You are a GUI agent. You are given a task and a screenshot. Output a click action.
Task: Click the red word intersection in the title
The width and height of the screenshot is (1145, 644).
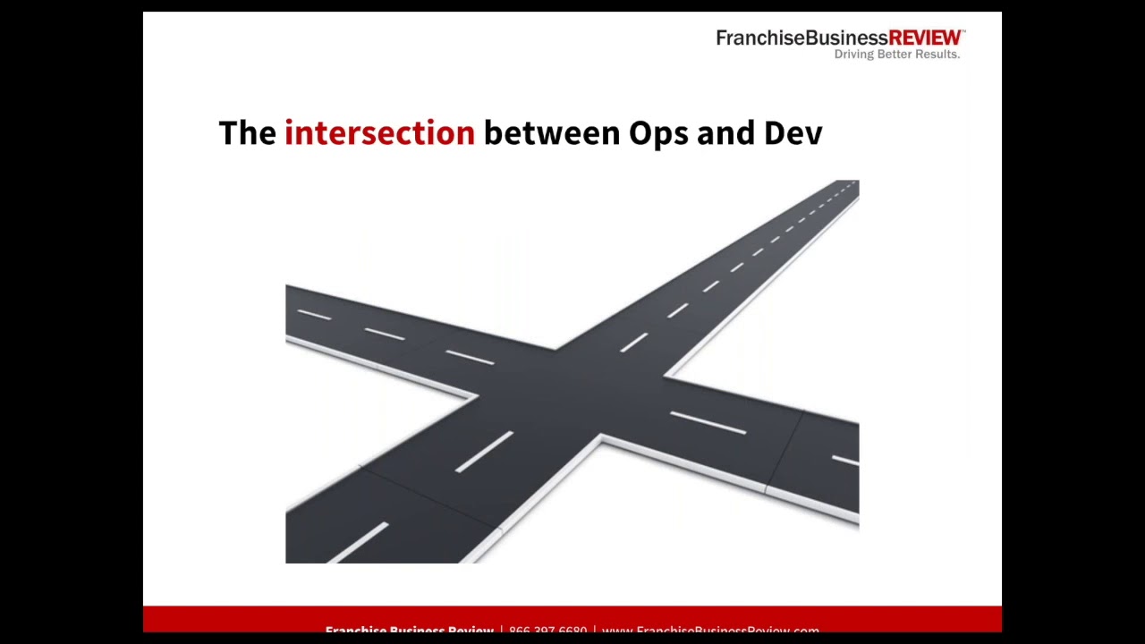click(x=379, y=133)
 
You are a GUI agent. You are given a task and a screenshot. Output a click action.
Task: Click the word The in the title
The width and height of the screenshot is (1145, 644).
click(x=247, y=133)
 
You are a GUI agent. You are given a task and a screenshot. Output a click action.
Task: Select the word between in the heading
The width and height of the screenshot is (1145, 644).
click(x=551, y=133)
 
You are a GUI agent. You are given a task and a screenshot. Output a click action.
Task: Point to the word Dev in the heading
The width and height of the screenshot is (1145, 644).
click(x=793, y=133)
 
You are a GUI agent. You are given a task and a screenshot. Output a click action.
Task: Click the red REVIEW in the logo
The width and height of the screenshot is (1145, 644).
click(x=925, y=38)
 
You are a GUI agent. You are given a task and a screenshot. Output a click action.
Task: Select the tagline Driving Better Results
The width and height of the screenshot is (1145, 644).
click(x=896, y=55)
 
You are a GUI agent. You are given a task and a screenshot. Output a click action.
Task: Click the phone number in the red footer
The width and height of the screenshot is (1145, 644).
click(x=547, y=630)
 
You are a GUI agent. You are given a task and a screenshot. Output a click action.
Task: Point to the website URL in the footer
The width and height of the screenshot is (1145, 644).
click(x=710, y=630)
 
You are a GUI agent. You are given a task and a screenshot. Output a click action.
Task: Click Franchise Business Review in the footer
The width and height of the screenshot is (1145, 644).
click(x=409, y=630)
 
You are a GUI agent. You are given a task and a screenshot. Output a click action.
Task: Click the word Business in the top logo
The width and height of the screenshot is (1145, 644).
click(x=846, y=38)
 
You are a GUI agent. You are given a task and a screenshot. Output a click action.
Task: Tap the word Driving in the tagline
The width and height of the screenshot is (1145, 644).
click(x=855, y=55)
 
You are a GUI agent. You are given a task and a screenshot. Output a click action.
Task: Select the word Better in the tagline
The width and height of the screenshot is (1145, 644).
click(x=896, y=55)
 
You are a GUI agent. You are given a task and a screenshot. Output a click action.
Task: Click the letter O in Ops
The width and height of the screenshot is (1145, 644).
click(x=640, y=133)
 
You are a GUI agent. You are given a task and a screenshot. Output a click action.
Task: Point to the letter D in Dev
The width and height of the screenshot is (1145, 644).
click(x=774, y=133)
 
